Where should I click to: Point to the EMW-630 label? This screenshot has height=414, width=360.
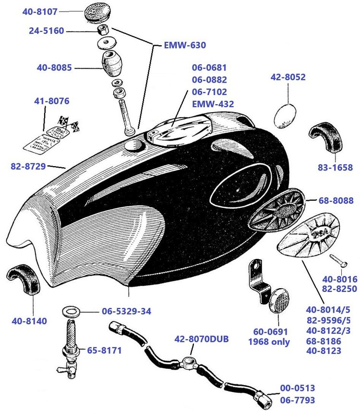185,46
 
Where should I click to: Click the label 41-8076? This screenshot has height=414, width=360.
51,101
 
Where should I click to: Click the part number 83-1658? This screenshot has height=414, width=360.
336,168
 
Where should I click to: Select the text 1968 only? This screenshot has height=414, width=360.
269,342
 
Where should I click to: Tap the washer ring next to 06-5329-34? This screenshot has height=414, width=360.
71,312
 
